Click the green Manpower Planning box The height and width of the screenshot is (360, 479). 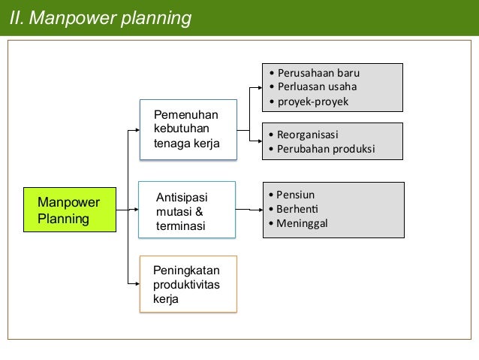(x=70, y=210)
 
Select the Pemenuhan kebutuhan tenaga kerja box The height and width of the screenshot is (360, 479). (x=188, y=129)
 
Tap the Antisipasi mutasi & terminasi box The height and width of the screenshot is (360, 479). (x=187, y=210)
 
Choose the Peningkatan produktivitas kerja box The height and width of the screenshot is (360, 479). (x=188, y=283)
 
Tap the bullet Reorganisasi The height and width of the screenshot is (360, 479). (x=308, y=135)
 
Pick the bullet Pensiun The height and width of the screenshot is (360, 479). (x=295, y=195)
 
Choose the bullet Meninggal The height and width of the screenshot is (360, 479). (x=302, y=223)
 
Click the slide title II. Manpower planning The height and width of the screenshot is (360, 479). (x=101, y=17)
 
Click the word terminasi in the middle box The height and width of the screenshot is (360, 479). (x=180, y=225)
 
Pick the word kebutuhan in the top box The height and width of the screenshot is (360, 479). (x=181, y=129)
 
